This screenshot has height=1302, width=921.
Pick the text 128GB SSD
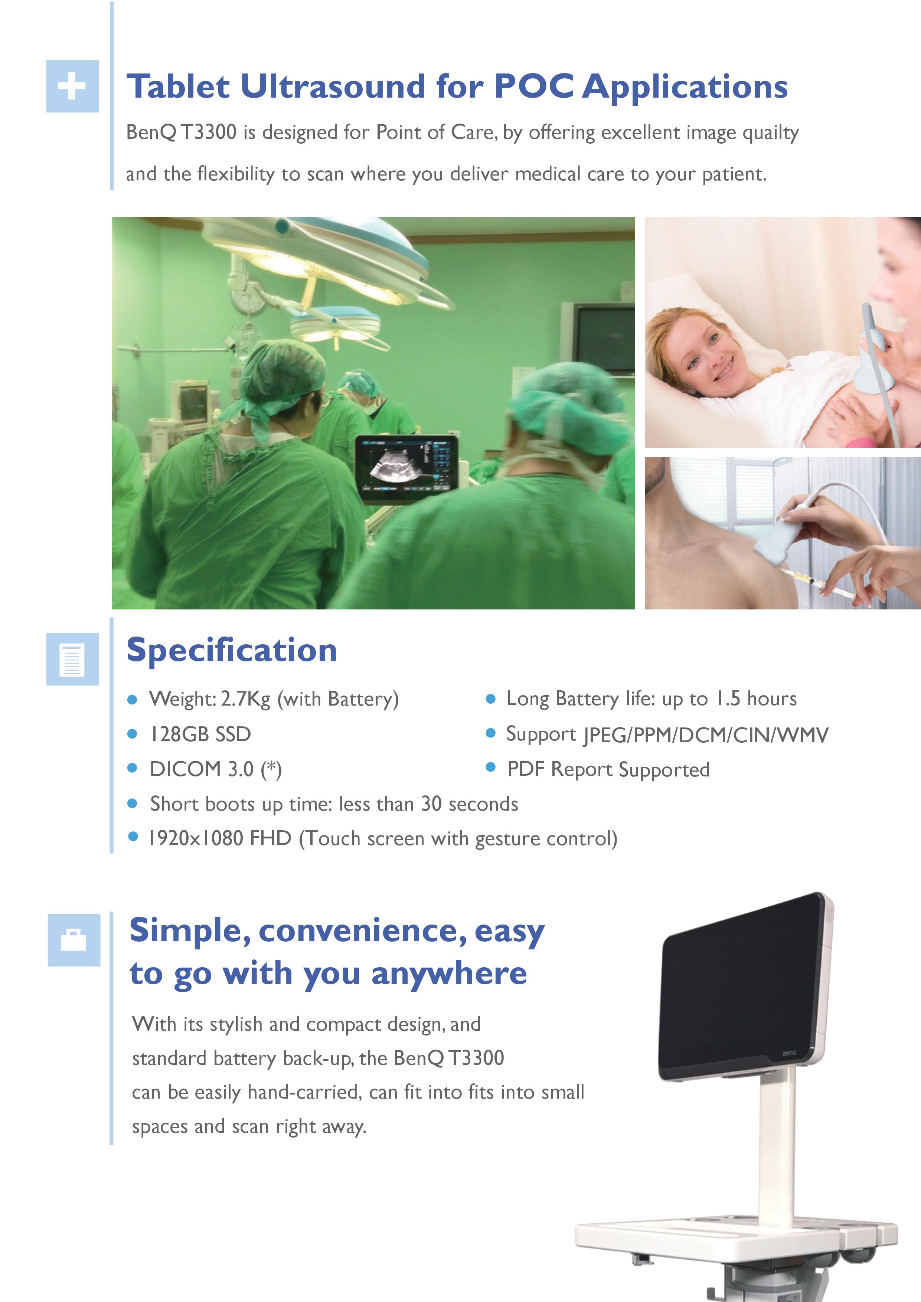pos(200,735)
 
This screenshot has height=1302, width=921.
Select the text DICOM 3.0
pos(201,769)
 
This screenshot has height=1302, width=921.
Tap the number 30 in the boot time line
pos(431,804)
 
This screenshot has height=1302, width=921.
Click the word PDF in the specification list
pos(525,769)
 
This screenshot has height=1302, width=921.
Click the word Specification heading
pos(231,650)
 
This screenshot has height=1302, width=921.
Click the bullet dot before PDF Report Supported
pos(491,768)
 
